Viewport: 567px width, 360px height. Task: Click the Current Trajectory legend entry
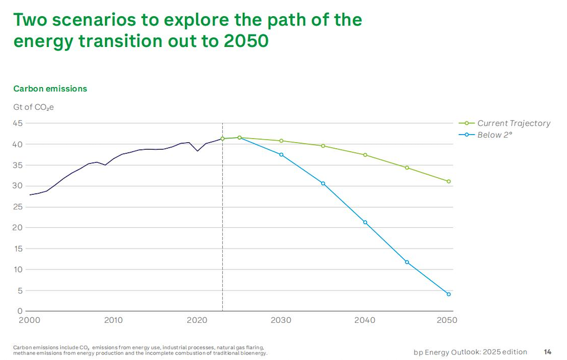(x=505, y=123)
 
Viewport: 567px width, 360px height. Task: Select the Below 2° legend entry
(x=485, y=135)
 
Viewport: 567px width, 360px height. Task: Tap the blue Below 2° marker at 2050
(x=449, y=294)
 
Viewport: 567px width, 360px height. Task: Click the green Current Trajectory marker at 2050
(x=449, y=182)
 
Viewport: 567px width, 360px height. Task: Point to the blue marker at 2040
(x=365, y=222)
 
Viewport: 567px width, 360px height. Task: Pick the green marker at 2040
(x=365, y=155)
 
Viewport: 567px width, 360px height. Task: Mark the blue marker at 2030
(x=281, y=155)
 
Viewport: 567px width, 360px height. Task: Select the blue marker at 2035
(x=323, y=183)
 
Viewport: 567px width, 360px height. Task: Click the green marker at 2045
(x=407, y=168)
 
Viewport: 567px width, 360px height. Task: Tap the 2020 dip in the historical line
(x=197, y=151)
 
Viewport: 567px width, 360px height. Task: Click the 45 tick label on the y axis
(x=18, y=123)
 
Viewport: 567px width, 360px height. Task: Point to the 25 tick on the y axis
(x=18, y=207)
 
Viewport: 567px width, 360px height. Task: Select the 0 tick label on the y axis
(x=20, y=311)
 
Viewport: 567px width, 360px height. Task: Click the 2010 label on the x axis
(x=114, y=320)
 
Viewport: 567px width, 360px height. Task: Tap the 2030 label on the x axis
(x=281, y=320)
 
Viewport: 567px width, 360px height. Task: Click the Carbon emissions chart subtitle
(x=50, y=89)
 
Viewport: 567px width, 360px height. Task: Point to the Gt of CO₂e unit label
(x=34, y=107)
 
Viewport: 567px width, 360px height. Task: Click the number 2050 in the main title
(x=246, y=41)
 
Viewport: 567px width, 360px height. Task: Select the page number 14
(x=548, y=352)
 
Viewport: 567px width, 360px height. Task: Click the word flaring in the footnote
(x=255, y=348)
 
